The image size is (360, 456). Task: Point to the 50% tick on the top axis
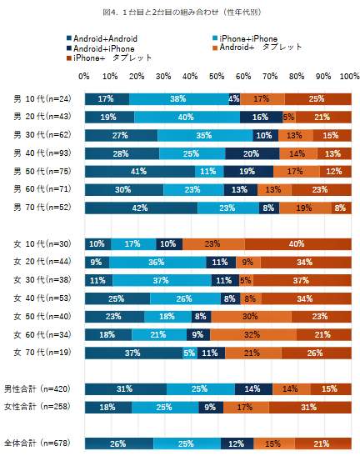(x=217, y=76)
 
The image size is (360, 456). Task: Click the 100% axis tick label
(x=349, y=76)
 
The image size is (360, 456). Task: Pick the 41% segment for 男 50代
(x=139, y=171)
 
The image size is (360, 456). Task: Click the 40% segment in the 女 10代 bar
(x=297, y=244)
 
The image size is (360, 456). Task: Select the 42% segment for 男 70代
(x=141, y=208)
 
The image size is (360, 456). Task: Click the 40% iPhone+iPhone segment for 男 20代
(x=187, y=118)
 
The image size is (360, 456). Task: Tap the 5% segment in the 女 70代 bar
(x=189, y=353)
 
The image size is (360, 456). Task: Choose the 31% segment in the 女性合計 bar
(x=309, y=407)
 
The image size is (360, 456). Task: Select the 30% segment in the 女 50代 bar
(x=250, y=317)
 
